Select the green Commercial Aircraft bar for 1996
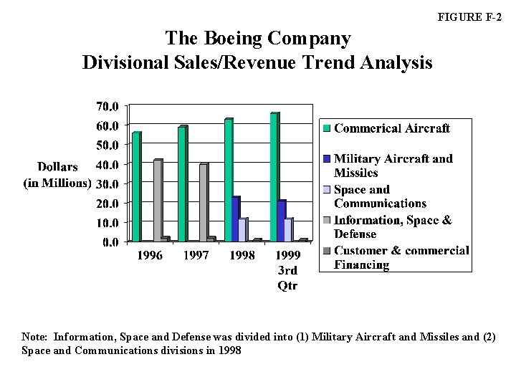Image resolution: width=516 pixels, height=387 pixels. point(136,187)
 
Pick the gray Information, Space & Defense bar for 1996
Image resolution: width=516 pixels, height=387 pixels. point(158,201)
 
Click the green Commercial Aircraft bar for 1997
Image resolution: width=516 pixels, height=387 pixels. point(182,184)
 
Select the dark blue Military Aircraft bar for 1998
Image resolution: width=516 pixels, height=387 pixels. point(235,219)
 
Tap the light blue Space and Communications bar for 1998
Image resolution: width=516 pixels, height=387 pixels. point(243,229)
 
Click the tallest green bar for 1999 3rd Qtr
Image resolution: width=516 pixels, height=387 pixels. point(274,177)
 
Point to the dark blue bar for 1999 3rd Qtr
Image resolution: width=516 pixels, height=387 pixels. point(281,221)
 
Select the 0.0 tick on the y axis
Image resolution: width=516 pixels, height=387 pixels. point(110,242)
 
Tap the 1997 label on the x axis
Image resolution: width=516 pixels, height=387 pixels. point(196,256)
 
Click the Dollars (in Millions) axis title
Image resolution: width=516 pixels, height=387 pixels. point(58,175)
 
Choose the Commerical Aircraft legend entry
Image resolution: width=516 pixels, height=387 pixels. point(391,128)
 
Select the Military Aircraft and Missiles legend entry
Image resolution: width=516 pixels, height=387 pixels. point(393,166)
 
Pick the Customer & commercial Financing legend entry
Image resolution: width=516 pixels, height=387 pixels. point(401,257)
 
